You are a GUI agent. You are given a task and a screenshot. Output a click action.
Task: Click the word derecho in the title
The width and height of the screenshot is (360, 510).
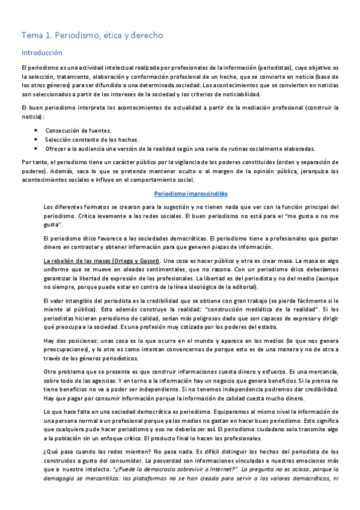pyautogui.click(x=146, y=35)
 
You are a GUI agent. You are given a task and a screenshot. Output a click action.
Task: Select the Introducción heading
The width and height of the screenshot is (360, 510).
pyautogui.click(x=41, y=53)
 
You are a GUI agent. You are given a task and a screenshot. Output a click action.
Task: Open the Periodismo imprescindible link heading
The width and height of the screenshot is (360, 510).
pyautogui.click(x=191, y=194)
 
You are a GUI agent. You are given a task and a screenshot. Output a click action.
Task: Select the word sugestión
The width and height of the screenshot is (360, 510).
pyautogui.click(x=182, y=207)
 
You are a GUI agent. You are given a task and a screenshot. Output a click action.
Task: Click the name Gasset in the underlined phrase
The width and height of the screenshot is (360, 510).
pyautogui.click(x=147, y=261)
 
